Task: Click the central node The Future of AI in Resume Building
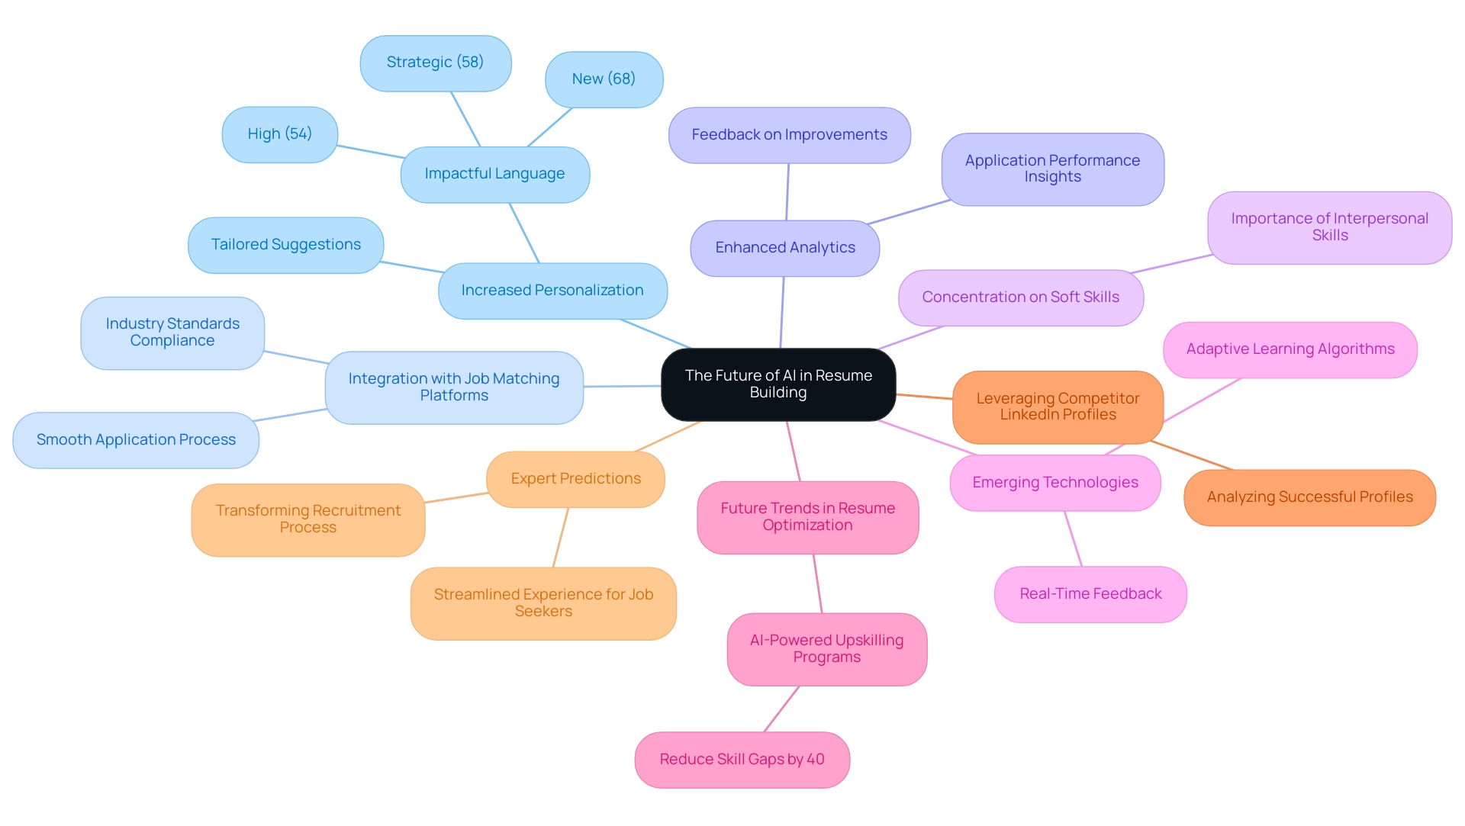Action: (778, 384)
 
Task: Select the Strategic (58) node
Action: (435, 63)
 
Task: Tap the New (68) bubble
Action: (604, 79)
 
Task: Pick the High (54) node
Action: (279, 134)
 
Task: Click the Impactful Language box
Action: (494, 174)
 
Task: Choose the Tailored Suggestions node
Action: (285, 245)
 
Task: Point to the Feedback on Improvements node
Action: (789, 135)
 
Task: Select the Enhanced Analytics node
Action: (784, 248)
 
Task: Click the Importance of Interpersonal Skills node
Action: (1329, 227)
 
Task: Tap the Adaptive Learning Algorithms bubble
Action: (1290, 349)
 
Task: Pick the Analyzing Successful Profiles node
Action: (1309, 497)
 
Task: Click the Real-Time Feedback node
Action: (1090, 594)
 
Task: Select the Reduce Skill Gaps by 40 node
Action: (742, 760)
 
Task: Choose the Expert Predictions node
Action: (575, 479)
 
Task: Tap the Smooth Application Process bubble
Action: (136, 440)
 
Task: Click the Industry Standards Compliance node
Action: (172, 333)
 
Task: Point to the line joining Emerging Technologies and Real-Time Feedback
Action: (1074, 538)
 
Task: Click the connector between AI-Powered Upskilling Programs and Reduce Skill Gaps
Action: (781, 709)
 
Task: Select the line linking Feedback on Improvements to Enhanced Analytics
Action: (787, 192)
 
